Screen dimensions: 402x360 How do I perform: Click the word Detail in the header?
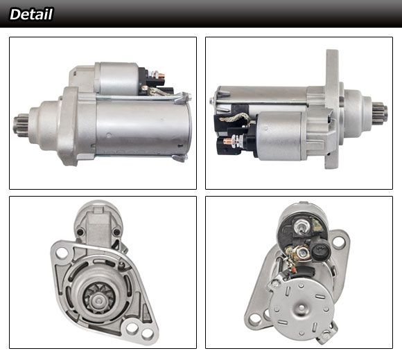31,14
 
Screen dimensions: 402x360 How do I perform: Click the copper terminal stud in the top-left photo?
161,75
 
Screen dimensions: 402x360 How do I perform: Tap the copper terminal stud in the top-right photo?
227,141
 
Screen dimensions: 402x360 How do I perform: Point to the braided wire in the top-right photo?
234,118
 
